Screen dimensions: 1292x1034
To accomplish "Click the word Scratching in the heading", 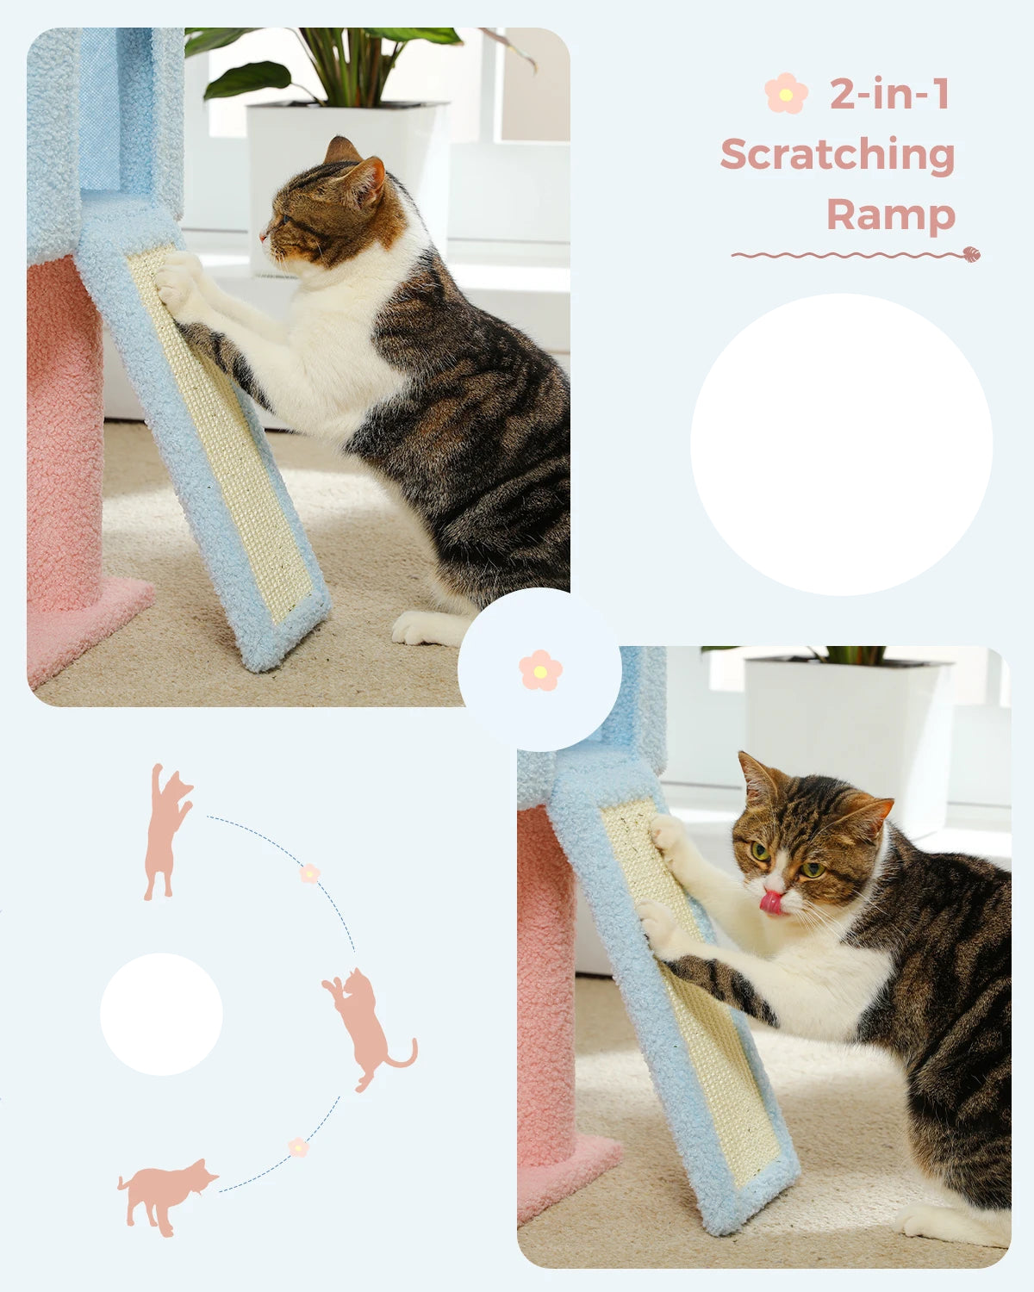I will (838, 156).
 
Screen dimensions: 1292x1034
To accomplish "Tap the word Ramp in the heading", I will (891, 214).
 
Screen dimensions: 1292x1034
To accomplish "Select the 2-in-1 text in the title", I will (889, 94).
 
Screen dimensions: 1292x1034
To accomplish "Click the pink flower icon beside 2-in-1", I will (786, 94).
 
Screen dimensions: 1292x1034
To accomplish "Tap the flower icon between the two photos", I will (540, 670).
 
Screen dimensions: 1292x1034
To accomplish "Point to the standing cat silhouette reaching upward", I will (166, 831).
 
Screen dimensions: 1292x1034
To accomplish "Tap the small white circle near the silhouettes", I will (161, 1014).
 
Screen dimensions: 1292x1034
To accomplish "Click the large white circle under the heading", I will (841, 444).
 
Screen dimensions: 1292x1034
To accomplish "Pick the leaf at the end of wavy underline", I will (970, 254).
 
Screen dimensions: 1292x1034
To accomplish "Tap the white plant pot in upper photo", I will (345, 164).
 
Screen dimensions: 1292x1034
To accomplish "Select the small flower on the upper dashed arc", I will (309, 873).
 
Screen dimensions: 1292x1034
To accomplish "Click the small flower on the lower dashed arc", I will (298, 1147).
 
